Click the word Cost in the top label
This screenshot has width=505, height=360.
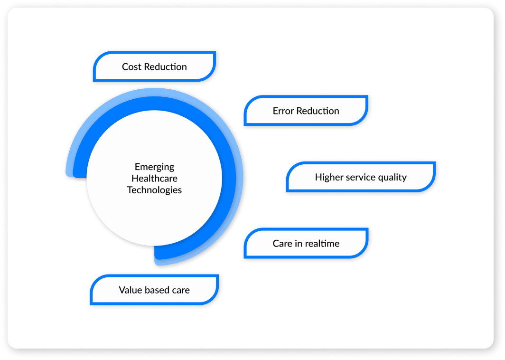(131, 66)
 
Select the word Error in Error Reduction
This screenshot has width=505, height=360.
(283, 111)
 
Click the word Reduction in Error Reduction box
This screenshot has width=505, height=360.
(318, 111)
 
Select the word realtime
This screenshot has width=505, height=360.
(322, 243)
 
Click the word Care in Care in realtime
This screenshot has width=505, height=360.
(282, 243)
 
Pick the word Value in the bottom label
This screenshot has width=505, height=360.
(130, 290)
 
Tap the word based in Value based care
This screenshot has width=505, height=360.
(157, 290)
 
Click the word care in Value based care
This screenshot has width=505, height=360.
(181, 290)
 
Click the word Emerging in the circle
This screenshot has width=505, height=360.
(154, 167)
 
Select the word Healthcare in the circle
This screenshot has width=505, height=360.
(154, 178)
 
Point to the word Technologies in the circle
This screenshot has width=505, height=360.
(154, 189)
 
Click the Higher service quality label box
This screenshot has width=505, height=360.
(361, 177)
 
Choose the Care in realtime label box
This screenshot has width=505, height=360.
(306, 243)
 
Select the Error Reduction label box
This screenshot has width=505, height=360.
(306, 111)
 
